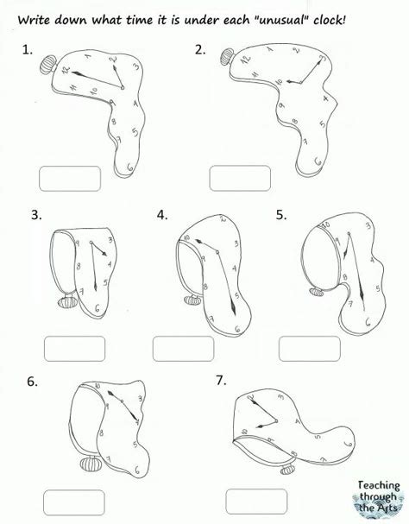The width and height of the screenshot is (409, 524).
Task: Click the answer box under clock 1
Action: coord(69,179)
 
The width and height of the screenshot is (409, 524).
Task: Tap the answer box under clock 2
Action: coord(239,179)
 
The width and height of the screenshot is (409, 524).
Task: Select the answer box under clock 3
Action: coord(75,349)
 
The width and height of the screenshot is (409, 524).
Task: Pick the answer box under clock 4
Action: coord(184,349)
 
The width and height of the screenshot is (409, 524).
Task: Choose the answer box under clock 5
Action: coord(308,349)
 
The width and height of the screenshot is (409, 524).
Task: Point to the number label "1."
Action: coord(28,50)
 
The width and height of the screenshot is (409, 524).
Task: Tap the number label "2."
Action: coord(200,50)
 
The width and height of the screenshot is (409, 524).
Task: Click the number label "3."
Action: coord(36,214)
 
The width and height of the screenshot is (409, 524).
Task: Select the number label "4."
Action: coord(162,214)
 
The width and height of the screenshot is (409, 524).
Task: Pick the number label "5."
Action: coord(281,214)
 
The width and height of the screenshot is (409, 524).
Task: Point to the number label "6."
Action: coord(32,380)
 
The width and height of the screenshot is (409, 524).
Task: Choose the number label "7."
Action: coord(220,380)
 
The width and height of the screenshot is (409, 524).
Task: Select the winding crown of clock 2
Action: coord(225,57)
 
